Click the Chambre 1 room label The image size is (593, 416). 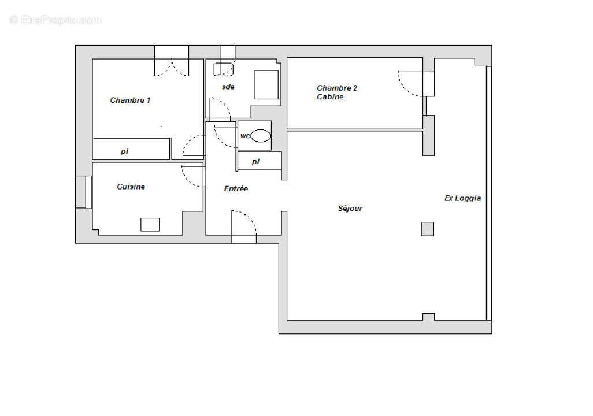coord(130,101)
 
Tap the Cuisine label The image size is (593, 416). coord(131,187)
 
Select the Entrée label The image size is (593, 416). coord(236,189)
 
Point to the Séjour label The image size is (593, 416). coord(350,209)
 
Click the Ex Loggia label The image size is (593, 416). coord(462,198)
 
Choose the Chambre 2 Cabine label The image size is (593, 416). coord(336,92)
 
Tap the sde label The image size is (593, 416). coord(228,87)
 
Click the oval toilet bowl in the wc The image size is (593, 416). coord(260,136)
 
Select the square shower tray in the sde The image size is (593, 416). coord(266,84)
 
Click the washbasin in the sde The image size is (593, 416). coord(224,69)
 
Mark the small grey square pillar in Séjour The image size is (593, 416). coord(427,229)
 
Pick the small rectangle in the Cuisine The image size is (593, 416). coord(150,224)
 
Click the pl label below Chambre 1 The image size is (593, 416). coord(124,151)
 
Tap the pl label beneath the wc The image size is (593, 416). coord(255,162)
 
